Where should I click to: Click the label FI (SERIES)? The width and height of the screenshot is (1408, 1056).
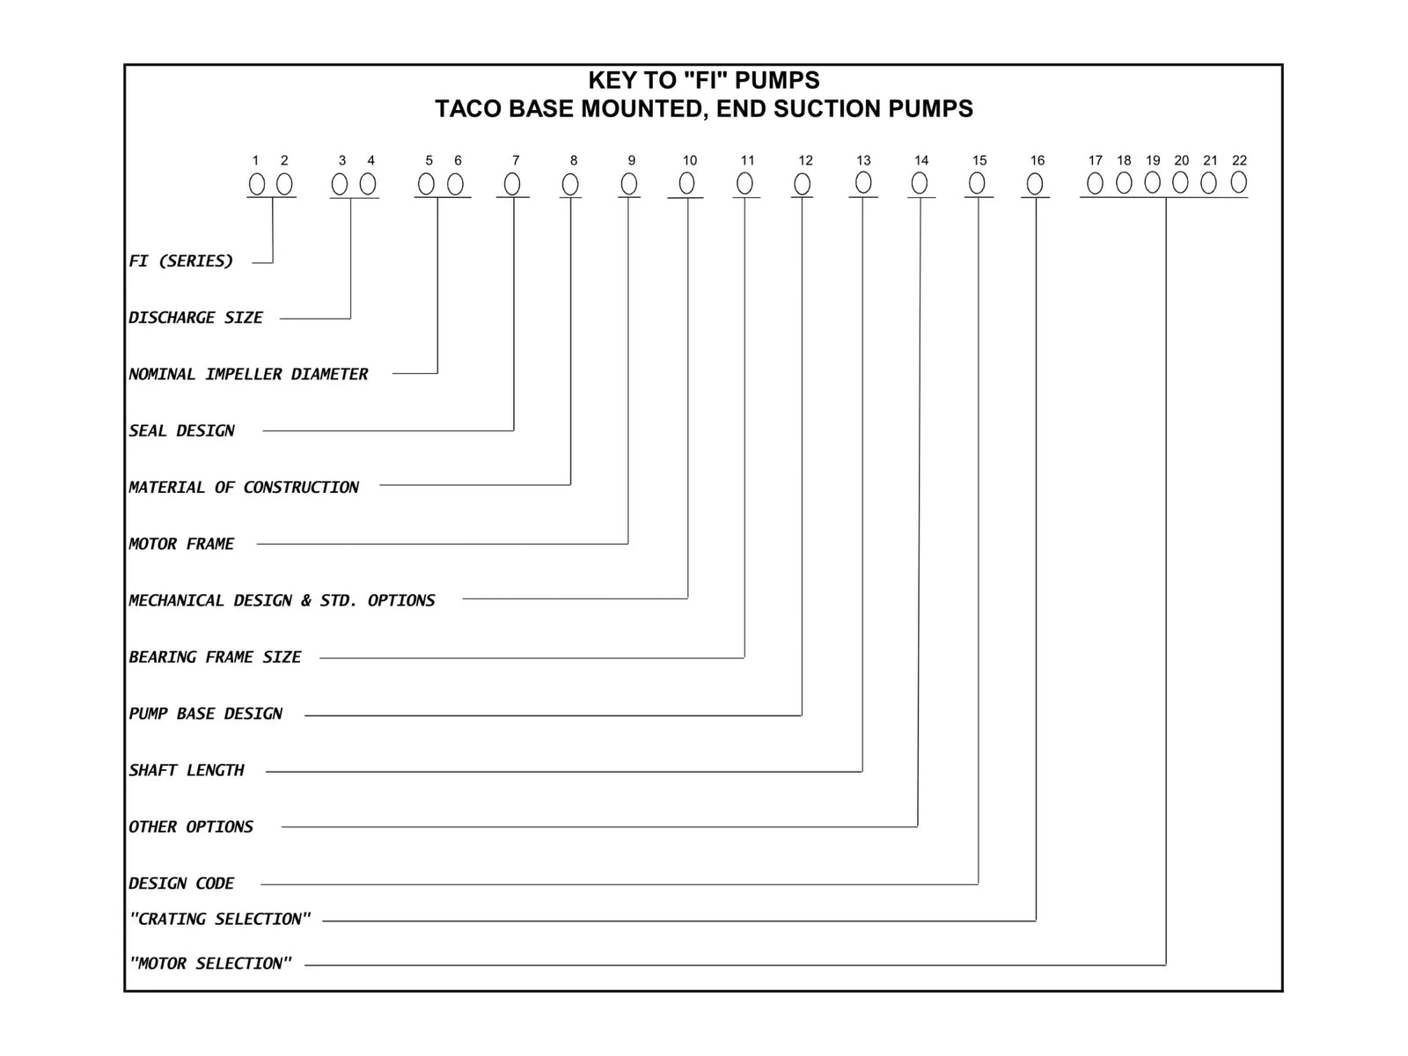tap(181, 261)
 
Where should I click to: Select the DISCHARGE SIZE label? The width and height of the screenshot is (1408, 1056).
tap(195, 318)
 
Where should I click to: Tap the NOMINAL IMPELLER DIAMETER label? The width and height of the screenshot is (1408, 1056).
tap(248, 374)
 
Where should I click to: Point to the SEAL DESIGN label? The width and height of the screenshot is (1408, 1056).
tap(181, 430)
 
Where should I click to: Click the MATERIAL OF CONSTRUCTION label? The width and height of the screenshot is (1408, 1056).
tap(244, 488)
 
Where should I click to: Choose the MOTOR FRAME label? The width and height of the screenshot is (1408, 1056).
tap(181, 544)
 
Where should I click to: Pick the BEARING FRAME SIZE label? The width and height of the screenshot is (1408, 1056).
tap(215, 656)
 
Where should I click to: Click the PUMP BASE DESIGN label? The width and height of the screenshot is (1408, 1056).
tap(205, 714)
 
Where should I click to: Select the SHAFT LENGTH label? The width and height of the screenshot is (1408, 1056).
tap(187, 770)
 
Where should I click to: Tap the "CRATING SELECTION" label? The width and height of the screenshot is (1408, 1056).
tap(220, 919)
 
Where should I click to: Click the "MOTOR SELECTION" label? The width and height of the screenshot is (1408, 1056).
tap(210, 963)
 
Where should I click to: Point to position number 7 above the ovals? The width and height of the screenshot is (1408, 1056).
tap(516, 160)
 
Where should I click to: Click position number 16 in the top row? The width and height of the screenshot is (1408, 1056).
tap(1038, 160)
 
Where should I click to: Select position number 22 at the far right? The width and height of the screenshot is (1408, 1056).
tap(1239, 160)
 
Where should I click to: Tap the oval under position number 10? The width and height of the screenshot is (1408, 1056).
tap(687, 183)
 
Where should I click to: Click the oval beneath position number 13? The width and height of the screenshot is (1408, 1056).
tap(863, 183)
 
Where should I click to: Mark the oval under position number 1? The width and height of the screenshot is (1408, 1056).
tap(257, 184)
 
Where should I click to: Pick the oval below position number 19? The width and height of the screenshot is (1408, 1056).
tap(1153, 183)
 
